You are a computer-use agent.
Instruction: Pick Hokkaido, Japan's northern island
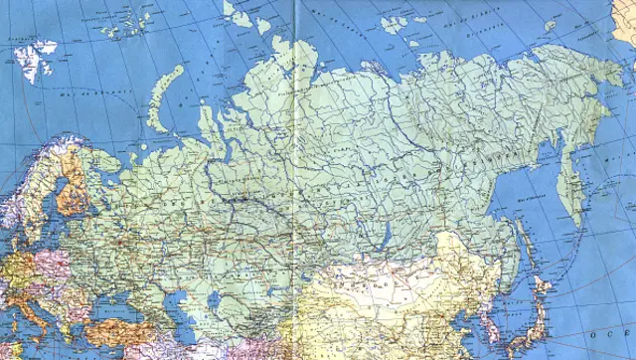coord(543,288)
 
